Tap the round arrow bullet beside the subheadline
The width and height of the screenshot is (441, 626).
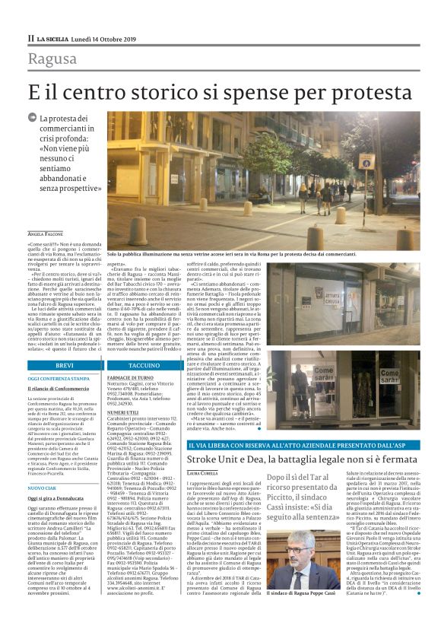[x=32, y=118]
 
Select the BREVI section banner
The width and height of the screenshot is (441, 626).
[x=64, y=365]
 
